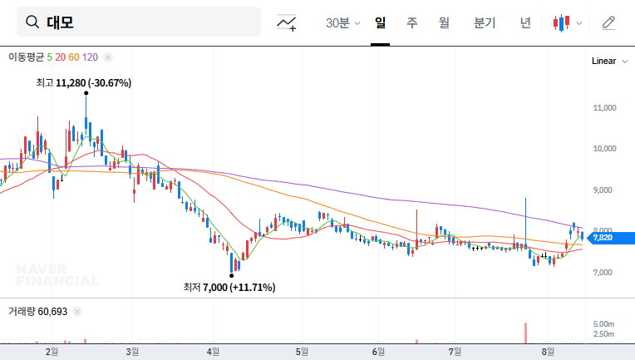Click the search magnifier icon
[x=33, y=22]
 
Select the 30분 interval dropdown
[x=342, y=22]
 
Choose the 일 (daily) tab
[x=381, y=22]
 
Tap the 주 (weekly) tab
[x=412, y=22]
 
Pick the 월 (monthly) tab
[x=444, y=22]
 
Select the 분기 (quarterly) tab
[x=484, y=22]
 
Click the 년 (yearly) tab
[x=525, y=22]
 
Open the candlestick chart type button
[x=567, y=22]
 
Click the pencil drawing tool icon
[x=609, y=22]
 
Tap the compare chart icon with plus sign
[x=287, y=22]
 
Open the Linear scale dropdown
[x=608, y=62]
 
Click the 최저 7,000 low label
[x=229, y=287]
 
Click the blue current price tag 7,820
[x=602, y=238]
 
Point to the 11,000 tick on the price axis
[x=603, y=108]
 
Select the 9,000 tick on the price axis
[x=603, y=190]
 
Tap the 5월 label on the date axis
[x=303, y=352]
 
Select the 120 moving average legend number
[x=91, y=57]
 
